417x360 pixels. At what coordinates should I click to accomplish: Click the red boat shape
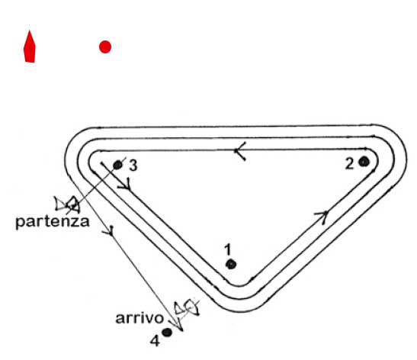30,47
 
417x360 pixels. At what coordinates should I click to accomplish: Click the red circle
105,47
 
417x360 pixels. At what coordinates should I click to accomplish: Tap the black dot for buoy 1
231,264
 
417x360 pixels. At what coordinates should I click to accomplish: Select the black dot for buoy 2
364,162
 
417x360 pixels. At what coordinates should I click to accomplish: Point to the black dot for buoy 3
117,166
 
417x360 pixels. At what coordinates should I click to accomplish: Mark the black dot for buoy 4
167,333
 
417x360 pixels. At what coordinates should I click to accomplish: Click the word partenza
53,222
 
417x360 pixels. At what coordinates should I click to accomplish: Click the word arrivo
140,318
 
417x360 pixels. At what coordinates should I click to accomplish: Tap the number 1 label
227,249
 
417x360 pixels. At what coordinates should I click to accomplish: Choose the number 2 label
350,164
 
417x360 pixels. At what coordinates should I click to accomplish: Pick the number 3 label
133,166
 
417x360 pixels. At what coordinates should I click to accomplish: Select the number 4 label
155,341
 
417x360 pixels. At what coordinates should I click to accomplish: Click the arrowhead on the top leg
239,151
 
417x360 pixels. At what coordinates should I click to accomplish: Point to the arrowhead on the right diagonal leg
322,217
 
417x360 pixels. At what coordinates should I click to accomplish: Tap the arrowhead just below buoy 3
126,185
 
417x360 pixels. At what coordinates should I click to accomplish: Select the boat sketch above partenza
67,205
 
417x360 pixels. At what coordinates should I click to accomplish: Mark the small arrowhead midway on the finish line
109,230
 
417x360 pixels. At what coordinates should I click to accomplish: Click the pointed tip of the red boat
30,31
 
